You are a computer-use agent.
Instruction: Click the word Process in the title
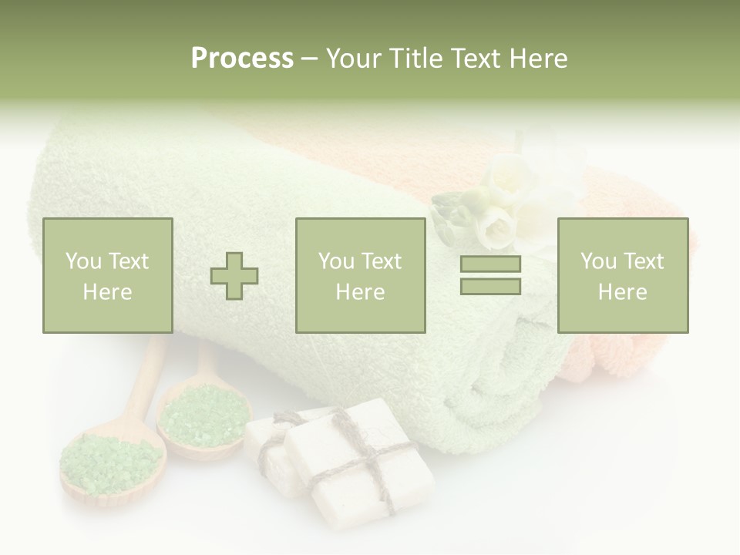click(242, 59)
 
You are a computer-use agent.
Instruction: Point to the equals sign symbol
click(490, 275)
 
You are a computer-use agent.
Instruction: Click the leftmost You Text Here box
click(108, 276)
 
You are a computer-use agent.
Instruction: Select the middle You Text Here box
click(360, 276)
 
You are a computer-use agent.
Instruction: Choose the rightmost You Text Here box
click(623, 276)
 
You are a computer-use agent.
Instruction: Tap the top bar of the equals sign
click(490, 264)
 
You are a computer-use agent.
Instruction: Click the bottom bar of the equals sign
click(490, 286)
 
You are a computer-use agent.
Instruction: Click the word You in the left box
click(82, 261)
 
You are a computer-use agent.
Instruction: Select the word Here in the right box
click(623, 292)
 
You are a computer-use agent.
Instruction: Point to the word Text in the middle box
click(382, 261)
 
